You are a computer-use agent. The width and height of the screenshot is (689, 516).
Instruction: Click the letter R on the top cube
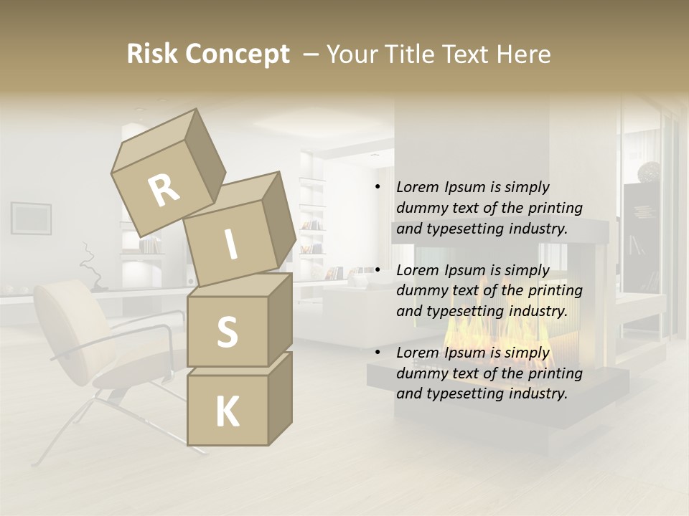coord(164,190)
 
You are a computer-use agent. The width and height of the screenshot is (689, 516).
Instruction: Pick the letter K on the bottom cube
coord(227,412)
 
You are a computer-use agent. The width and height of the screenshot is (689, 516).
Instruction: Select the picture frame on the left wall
coord(31,218)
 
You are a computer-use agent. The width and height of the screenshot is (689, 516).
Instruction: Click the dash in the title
coord(311,54)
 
